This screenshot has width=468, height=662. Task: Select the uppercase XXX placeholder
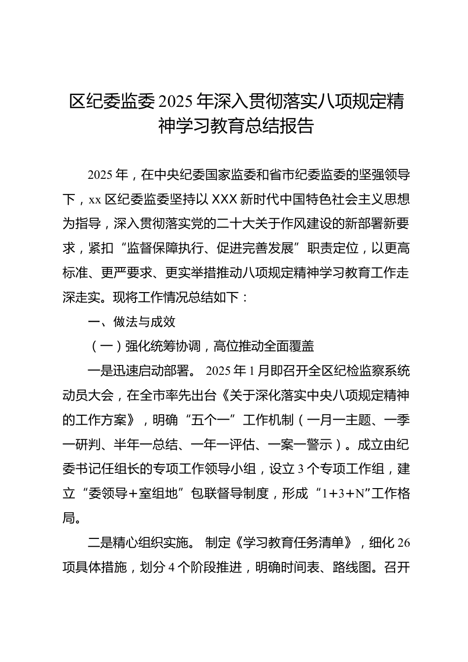(x=224, y=199)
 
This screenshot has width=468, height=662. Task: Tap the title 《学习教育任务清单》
(x=294, y=542)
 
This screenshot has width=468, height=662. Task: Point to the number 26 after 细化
(x=403, y=542)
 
